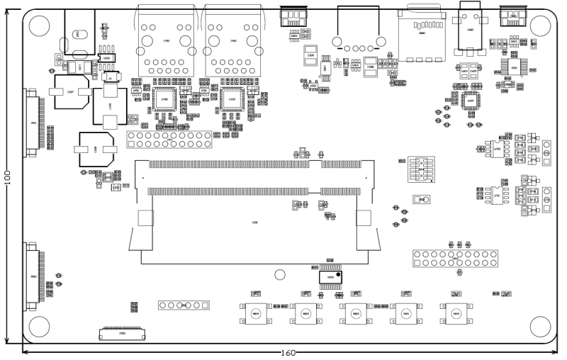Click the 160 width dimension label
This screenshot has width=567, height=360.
pyautogui.click(x=288, y=353)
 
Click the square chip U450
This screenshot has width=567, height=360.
pyautogui.click(x=165, y=100)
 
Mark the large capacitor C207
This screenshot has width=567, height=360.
pyautogui.click(x=69, y=92)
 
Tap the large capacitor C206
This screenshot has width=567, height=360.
pyautogui.click(x=96, y=149)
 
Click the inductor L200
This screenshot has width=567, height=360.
pyautogui.click(x=111, y=105)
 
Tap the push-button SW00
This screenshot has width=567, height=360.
pyautogui.click(x=257, y=313)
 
